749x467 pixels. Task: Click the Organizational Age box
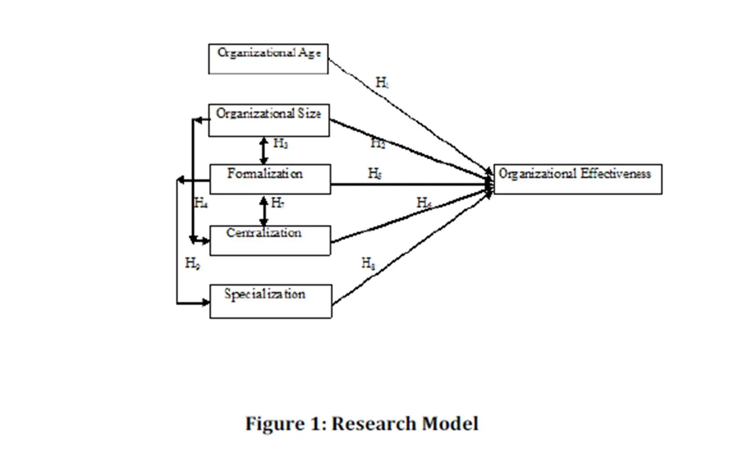[268, 59]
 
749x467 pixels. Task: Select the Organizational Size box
[269, 120]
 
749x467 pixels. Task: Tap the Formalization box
[270, 179]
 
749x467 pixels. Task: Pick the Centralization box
[270, 240]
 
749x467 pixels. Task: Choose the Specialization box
[271, 301]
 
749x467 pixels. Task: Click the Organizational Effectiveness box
[578, 179]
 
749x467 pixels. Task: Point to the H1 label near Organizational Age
[382, 83]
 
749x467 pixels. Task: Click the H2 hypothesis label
[377, 143]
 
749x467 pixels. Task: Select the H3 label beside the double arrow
[280, 143]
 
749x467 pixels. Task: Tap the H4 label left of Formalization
[201, 203]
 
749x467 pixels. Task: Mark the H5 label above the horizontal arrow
[374, 173]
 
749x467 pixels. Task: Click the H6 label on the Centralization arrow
[424, 202]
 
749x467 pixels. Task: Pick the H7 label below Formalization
[277, 203]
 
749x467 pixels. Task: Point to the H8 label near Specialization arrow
[368, 263]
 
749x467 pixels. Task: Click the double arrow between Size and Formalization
[264, 151]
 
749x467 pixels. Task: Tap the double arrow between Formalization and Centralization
[264, 211]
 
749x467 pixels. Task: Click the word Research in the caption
[372, 424]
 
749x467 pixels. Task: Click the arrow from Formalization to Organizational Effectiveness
[409, 185]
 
